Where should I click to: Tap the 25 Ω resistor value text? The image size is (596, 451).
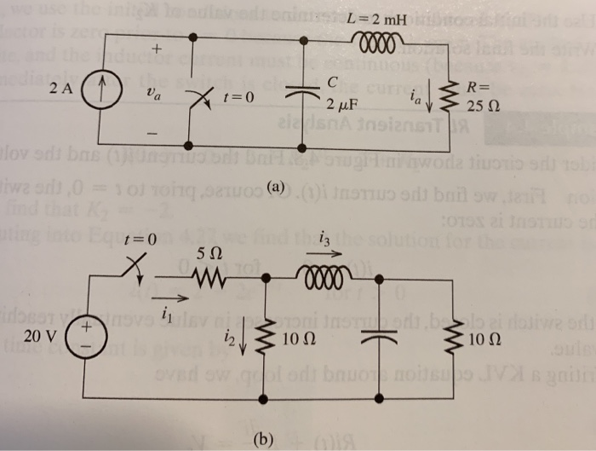coord(484,105)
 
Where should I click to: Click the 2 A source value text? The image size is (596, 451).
coord(62,89)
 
